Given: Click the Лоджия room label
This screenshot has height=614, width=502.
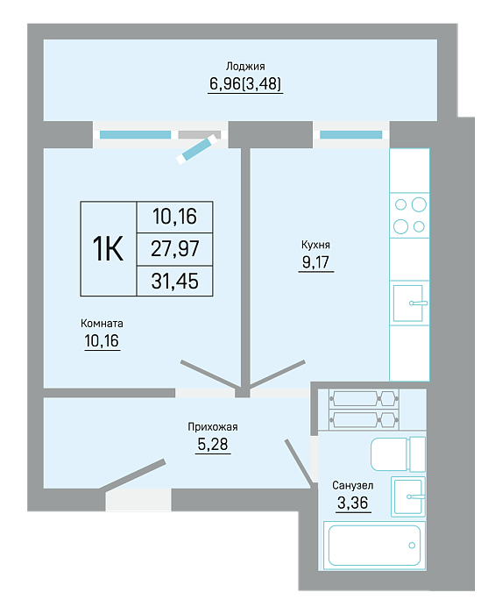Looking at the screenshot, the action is pos(245,67).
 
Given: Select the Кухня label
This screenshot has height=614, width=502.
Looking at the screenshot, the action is pos(315,245).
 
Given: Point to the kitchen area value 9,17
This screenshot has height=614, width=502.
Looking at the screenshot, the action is pos(316,262).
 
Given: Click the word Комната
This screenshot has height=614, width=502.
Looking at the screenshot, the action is pos(102,324).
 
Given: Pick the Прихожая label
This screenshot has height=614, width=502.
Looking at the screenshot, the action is pos(213,427).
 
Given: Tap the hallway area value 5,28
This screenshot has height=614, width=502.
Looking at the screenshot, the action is pos(213,444).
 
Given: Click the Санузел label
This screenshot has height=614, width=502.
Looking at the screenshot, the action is pos(353,486).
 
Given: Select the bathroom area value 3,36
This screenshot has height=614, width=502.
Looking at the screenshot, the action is pos(353,503).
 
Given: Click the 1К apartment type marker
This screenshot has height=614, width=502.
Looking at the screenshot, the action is pos(108,248).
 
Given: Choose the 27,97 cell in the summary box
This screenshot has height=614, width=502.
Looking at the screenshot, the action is pos(174,248).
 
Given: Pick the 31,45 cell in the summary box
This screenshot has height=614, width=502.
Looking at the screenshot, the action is pos(174,282).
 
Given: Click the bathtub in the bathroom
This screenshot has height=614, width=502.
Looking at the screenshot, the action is pos(375,545).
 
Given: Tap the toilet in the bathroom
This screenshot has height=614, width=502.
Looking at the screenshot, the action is pos(398,454).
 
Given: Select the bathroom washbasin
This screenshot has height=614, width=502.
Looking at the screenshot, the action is pos(408,496).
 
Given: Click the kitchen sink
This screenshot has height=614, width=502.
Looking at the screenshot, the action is pos(408,303).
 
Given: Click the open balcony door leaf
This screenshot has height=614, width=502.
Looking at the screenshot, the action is pos(196,149).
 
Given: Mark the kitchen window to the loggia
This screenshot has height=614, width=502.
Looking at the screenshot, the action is pos(350,135).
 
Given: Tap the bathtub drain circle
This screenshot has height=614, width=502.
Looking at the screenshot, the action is pos(412,546).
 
